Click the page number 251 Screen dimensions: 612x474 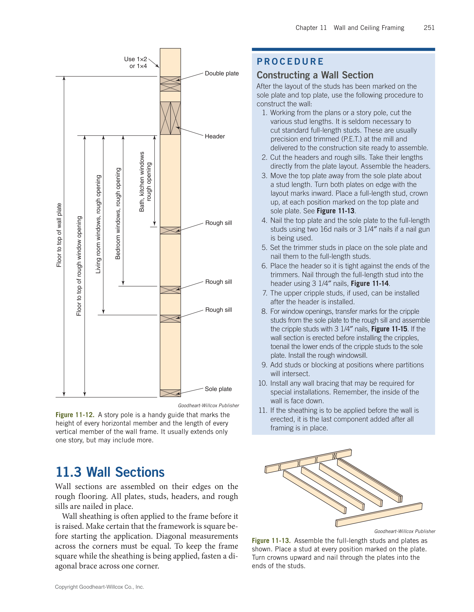(x=429, y=28)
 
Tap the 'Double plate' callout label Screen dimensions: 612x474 (x=221, y=73)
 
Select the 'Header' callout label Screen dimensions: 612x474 (x=214, y=136)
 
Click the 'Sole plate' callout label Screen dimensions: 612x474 (x=218, y=389)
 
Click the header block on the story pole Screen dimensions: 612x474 (x=170, y=118)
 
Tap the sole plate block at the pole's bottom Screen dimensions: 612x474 (x=170, y=393)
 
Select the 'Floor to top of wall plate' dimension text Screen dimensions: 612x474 (x=59, y=235)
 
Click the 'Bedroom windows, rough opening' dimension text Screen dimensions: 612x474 (x=118, y=213)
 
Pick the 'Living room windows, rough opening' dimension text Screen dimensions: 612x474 (x=98, y=224)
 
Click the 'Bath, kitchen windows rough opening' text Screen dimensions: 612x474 (x=145, y=182)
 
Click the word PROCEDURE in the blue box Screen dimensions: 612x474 (x=290, y=61)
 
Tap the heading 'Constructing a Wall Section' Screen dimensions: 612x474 (x=315, y=75)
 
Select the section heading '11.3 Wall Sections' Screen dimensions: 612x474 (x=110, y=472)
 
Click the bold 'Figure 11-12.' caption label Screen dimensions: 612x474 (x=75, y=414)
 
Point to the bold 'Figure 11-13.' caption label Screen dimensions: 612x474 (x=271, y=540)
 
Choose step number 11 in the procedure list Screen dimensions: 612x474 (x=263, y=410)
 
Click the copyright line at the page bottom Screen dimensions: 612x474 (x=99, y=587)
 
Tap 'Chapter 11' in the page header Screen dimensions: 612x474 (x=311, y=28)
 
